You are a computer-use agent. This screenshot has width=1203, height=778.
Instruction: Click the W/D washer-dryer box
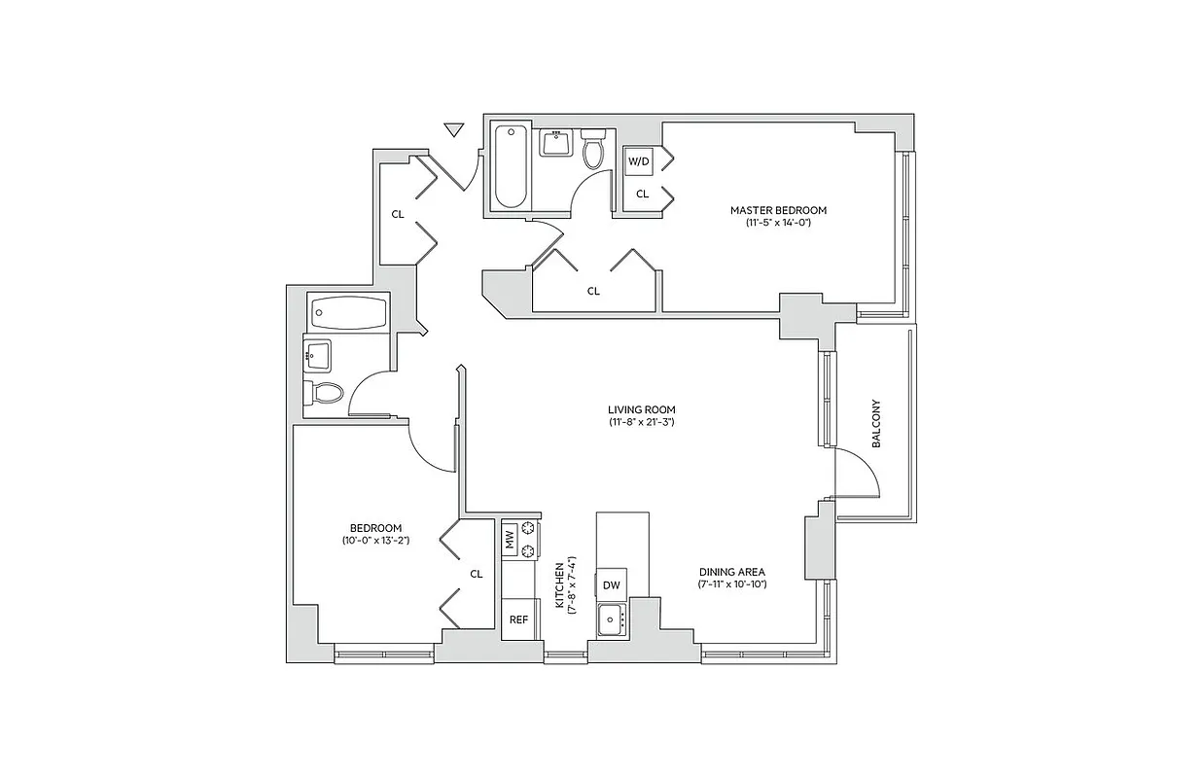click(638, 161)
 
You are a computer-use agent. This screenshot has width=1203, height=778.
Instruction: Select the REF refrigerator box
click(518, 619)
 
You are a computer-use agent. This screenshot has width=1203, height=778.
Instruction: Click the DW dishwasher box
click(611, 584)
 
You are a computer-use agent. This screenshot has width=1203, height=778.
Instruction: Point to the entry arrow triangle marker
click(452, 129)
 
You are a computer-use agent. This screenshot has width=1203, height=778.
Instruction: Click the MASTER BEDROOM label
click(778, 210)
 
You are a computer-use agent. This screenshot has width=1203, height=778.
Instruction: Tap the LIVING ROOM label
click(642, 409)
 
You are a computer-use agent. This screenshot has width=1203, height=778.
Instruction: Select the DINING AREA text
click(732, 572)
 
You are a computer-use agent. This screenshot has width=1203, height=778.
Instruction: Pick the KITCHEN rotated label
click(559, 586)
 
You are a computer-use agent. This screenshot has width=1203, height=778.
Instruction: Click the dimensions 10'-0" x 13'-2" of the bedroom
click(375, 540)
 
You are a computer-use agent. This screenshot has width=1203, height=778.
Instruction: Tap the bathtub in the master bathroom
click(510, 166)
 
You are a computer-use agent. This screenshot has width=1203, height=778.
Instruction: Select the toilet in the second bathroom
click(325, 393)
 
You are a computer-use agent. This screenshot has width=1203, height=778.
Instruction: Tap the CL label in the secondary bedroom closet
click(477, 574)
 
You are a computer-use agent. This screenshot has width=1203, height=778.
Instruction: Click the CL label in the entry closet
click(398, 214)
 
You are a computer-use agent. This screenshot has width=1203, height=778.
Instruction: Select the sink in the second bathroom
click(317, 355)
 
